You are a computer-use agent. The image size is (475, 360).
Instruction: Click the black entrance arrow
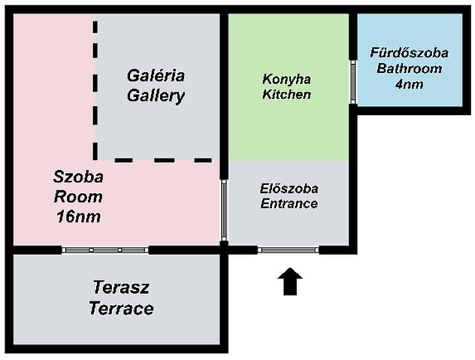[290, 282]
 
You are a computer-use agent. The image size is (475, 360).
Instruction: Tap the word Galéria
[156, 76]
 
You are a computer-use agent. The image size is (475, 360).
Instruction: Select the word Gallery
[156, 96]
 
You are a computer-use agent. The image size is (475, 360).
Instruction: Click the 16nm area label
[79, 217]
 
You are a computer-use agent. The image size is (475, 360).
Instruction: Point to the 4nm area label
[409, 84]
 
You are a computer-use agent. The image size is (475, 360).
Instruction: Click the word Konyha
[286, 79]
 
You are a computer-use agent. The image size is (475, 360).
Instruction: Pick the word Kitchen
[286, 94]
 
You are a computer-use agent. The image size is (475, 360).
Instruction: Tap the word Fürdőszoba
[409, 53]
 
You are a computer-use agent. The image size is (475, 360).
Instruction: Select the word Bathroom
[409, 68]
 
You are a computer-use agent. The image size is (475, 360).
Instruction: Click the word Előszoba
[289, 189]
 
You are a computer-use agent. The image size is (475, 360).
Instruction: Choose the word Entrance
[289, 203]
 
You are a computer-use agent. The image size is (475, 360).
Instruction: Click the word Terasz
[121, 287]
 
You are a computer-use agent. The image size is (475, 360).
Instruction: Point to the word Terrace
[121, 309]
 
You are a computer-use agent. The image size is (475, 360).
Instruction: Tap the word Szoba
[79, 176]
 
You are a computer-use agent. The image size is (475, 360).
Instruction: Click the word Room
[79, 197]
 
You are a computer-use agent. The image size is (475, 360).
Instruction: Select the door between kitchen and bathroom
[353, 82]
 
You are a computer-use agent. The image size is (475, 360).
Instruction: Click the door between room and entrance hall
[224, 210]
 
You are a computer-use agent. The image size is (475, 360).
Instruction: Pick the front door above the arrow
[288, 250]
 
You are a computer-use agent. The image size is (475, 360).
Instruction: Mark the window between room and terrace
[105, 250]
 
